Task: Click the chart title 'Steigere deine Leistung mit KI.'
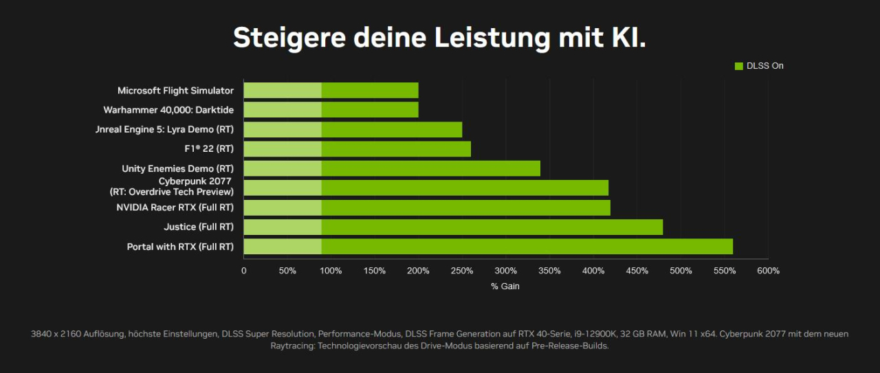coord(439,38)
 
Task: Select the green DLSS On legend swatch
coord(739,66)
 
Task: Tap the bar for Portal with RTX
coord(488,247)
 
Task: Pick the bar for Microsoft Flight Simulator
coord(331,90)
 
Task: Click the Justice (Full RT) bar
coord(453,227)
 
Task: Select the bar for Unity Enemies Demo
coord(392,168)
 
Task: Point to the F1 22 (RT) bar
coord(357,148)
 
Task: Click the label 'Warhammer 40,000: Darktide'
coord(168,110)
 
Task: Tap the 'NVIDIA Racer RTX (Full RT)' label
coord(175,207)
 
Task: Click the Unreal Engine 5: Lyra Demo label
coord(164,129)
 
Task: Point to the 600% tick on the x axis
coord(768,271)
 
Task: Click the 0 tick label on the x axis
coord(244,271)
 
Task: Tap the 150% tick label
coord(375,271)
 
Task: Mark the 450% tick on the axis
coord(637,271)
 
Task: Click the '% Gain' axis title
coord(505,286)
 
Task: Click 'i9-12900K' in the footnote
coord(597,334)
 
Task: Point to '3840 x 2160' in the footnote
coord(55,334)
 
